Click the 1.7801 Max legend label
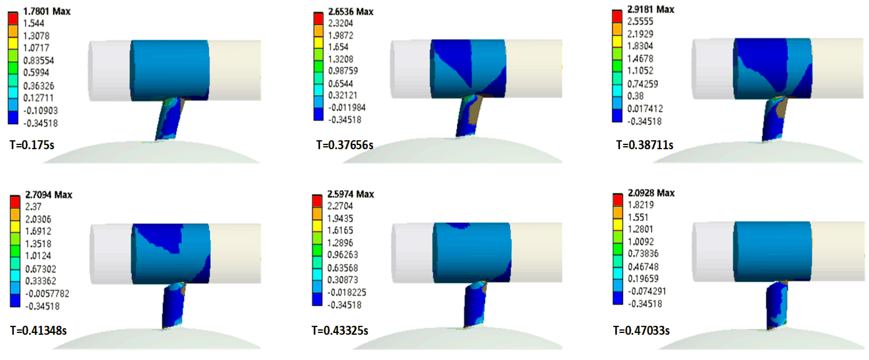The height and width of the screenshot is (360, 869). click(47, 11)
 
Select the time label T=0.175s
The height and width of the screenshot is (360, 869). click(32, 145)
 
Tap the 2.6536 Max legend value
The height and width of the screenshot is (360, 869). click(351, 12)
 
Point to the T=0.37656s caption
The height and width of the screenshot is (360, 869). click(345, 145)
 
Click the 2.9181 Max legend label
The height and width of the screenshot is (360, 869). click(651, 9)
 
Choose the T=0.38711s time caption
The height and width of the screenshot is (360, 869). click(645, 145)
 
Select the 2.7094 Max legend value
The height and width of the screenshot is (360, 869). click(49, 195)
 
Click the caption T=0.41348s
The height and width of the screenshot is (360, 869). click(39, 330)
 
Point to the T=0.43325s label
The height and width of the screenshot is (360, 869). click(340, 330)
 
